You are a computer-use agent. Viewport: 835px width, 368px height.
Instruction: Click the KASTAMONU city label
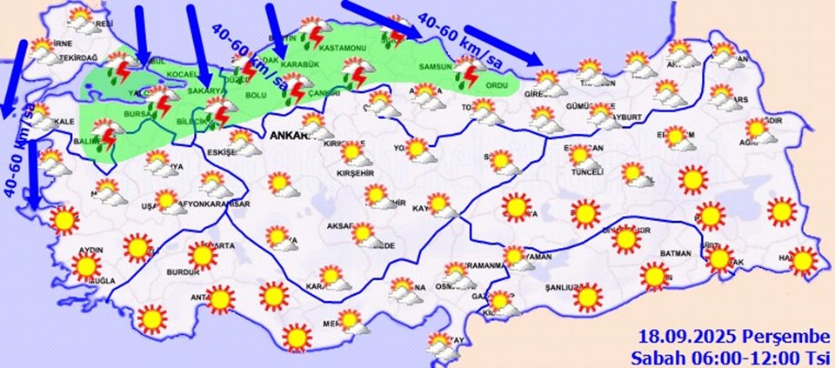pos(341,47)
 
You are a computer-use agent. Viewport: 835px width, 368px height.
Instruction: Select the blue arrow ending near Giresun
pos(502,51)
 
